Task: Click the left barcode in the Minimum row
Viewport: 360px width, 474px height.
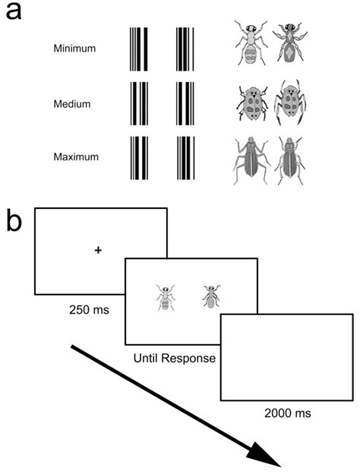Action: tap(138, 49)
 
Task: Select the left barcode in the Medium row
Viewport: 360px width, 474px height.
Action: tap(138, 103)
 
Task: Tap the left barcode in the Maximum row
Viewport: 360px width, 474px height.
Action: tap(138, 158)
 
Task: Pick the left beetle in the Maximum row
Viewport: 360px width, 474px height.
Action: tap(251, 158)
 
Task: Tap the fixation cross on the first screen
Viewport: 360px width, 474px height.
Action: tap(99, 250)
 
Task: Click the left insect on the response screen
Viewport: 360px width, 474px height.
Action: tap(165, 296)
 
